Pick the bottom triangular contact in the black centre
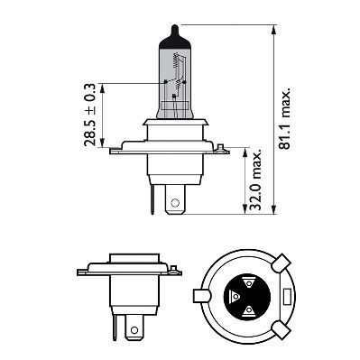point(247,310)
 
